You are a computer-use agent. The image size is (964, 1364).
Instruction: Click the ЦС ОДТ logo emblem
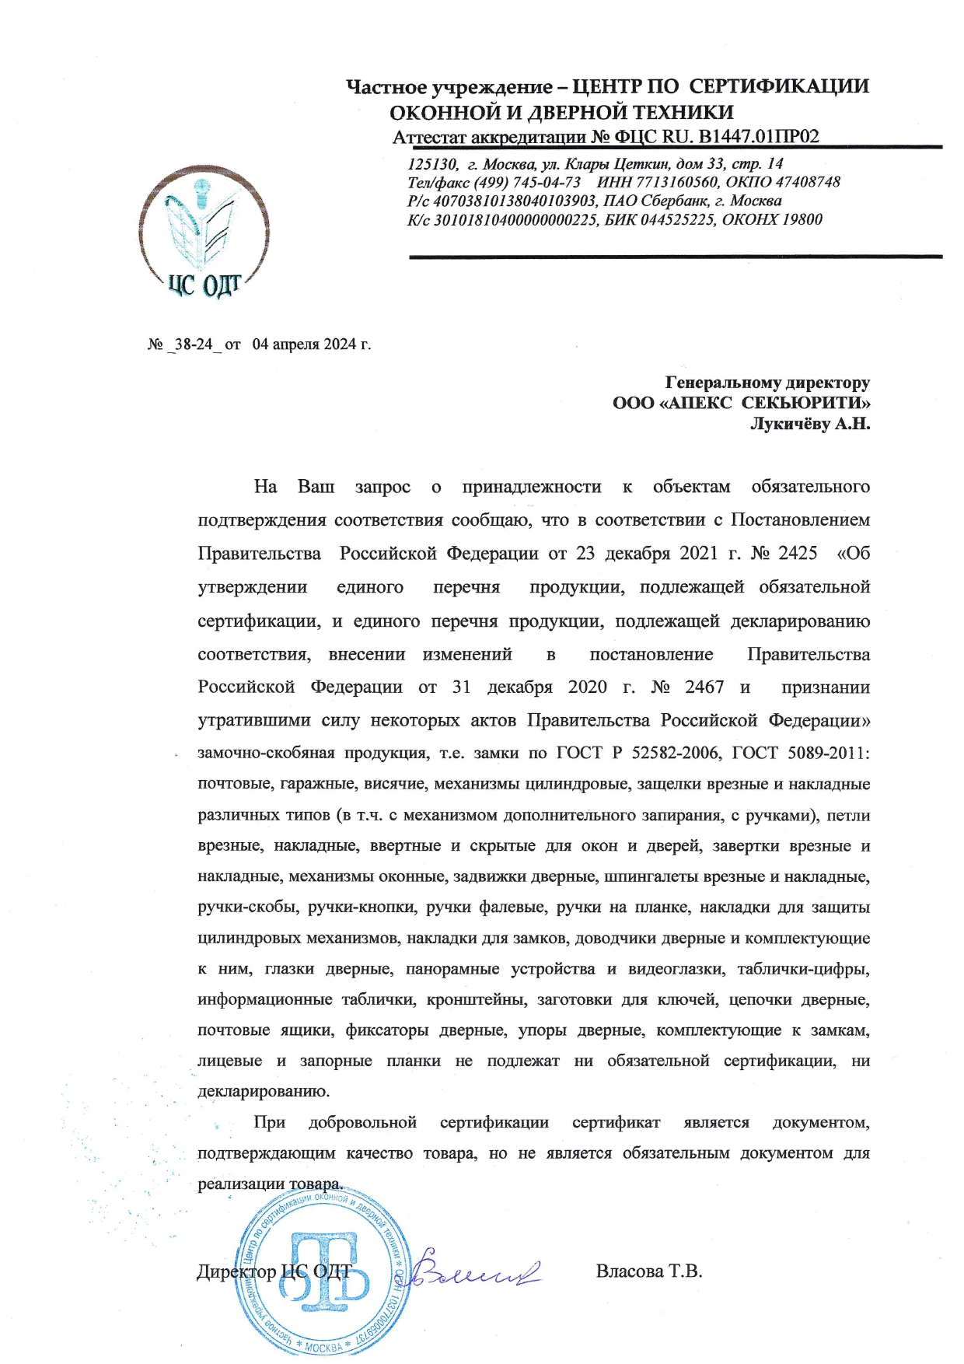click(204, 232)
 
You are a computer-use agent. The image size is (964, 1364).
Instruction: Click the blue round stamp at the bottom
click(320, 1275)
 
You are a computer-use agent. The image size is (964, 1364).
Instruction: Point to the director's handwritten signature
click(474, 1271)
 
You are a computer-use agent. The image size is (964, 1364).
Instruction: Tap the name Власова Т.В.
click(648, 1271)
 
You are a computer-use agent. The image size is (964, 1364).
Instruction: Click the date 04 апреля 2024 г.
click(311, 344)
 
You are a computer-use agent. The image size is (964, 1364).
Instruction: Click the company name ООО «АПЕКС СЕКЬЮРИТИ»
click(741, 403)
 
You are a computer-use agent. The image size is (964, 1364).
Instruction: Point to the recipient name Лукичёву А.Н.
click(809, 424)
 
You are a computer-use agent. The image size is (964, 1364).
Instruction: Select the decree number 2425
click(798, 553)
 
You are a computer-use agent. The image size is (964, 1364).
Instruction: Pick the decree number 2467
click(704, 687)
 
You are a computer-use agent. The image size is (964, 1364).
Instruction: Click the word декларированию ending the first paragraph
click(264, 1091)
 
